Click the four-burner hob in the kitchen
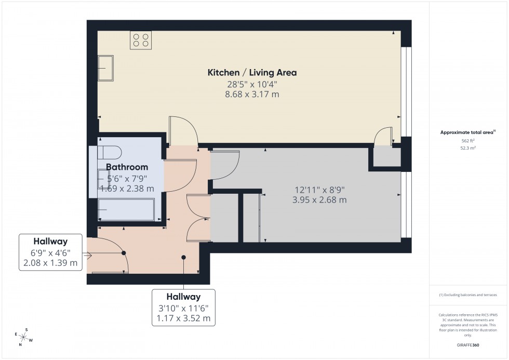[141, 41]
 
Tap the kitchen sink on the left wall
[105, 68]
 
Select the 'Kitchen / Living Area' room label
[252, 72]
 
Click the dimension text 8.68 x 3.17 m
[252, 95]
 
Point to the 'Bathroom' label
[127, 167]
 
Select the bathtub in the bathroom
[126, 209]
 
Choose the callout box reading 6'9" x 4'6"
[50, 252]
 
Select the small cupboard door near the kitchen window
[384, 136]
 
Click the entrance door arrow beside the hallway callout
[87, 255]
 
